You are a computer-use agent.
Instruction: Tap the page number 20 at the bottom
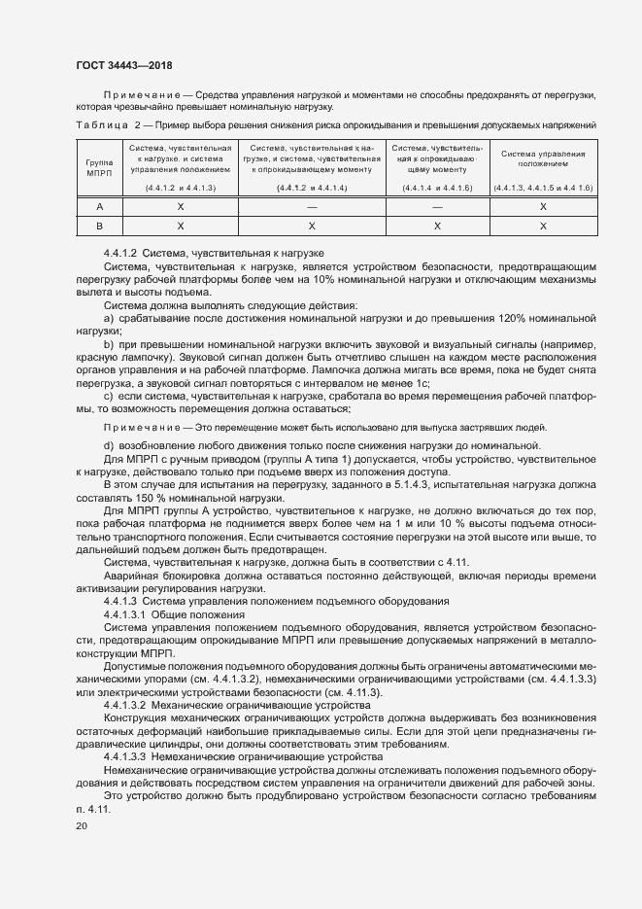[81, 826]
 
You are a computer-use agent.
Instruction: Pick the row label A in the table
[100, 207]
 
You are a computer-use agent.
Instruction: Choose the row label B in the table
[100, 226]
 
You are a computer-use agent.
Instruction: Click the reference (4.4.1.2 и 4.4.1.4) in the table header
[312, 187]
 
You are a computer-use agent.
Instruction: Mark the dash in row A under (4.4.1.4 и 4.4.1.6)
[437, 207]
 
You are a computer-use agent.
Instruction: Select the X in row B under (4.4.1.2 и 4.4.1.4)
[312, 226]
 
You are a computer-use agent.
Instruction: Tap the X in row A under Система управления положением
[543, 207]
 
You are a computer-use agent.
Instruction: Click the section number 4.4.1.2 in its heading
[121, 253]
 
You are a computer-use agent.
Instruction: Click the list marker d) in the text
[109, 446]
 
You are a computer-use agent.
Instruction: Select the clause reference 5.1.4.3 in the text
[412, 484]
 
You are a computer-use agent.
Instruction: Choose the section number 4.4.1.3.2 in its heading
[129, 704]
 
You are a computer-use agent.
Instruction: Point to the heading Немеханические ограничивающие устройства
[269, 755]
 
